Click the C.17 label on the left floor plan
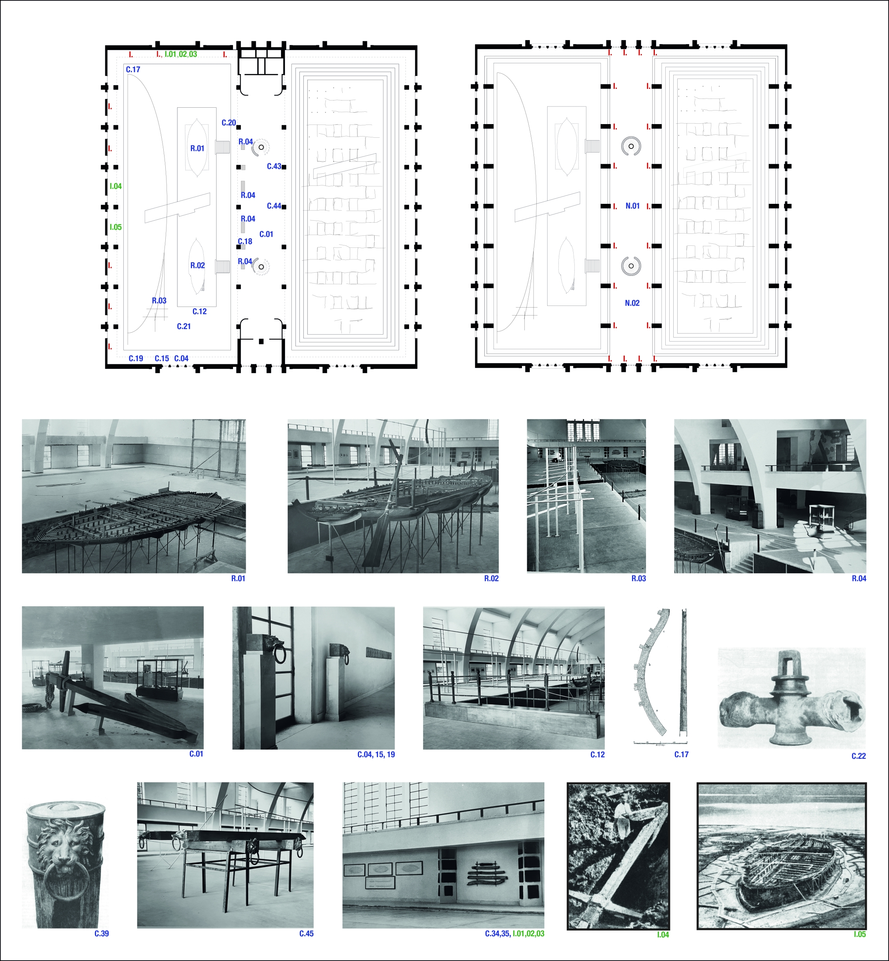pos(133,70)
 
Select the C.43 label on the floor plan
pos(274,167)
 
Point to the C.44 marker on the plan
pos(274,206)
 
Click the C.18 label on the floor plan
pos(245,241)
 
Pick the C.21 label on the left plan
pos(184,326)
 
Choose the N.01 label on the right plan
pos(632,206)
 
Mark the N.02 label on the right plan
pos(632,303)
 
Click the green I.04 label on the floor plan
pos(115,186)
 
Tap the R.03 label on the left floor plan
pos(159,301)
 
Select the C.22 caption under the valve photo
pos(859,756)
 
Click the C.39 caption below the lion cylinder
pos(102,933)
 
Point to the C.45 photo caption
pos(307,933)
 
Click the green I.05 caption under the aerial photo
pos(860,935)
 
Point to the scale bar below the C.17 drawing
pos(660,742)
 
